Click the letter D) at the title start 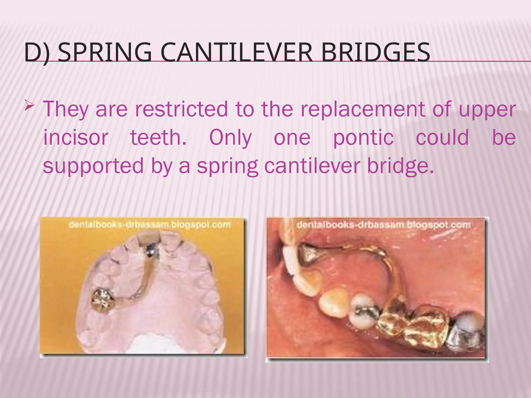(x=37, y=53)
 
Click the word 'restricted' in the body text (x=181, y=109)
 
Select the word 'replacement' (x=362, y=109)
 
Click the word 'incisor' (x=75, y=138)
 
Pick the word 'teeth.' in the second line (x=158, y=138)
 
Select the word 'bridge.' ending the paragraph (x=401, y=166)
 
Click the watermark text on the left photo (x=150, y=224)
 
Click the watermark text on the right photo (x=383, y=224)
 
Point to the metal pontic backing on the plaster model (x=150, y=251)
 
